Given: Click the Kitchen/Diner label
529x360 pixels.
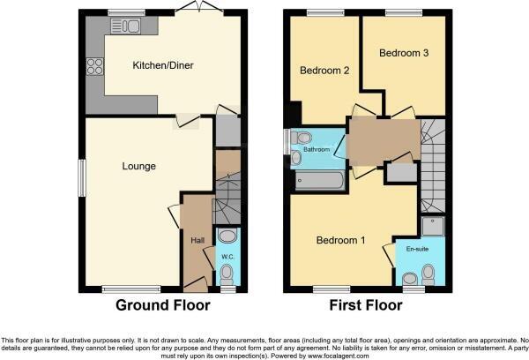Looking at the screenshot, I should coord(163,65).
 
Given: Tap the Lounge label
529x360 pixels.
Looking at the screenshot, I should coord(139,166).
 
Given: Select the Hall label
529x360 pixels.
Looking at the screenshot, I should coord(196,238).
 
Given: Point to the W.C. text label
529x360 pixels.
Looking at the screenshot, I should coord(227,257).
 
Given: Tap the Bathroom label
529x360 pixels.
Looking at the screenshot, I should coord(316,150).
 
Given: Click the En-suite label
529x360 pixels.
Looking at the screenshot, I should coord(417,250).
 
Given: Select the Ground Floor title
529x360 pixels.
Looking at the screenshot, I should coord(164,306).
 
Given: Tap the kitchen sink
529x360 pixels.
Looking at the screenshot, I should coord(126,26).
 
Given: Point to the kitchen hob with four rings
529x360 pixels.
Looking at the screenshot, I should coord(94,65).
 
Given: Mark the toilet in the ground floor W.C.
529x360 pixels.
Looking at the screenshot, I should coord(227,236).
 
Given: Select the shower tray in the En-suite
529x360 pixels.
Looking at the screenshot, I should coord(432,228).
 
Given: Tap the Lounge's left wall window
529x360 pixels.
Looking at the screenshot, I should coord(82,177).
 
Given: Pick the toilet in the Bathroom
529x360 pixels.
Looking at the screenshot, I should coord(302,139).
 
